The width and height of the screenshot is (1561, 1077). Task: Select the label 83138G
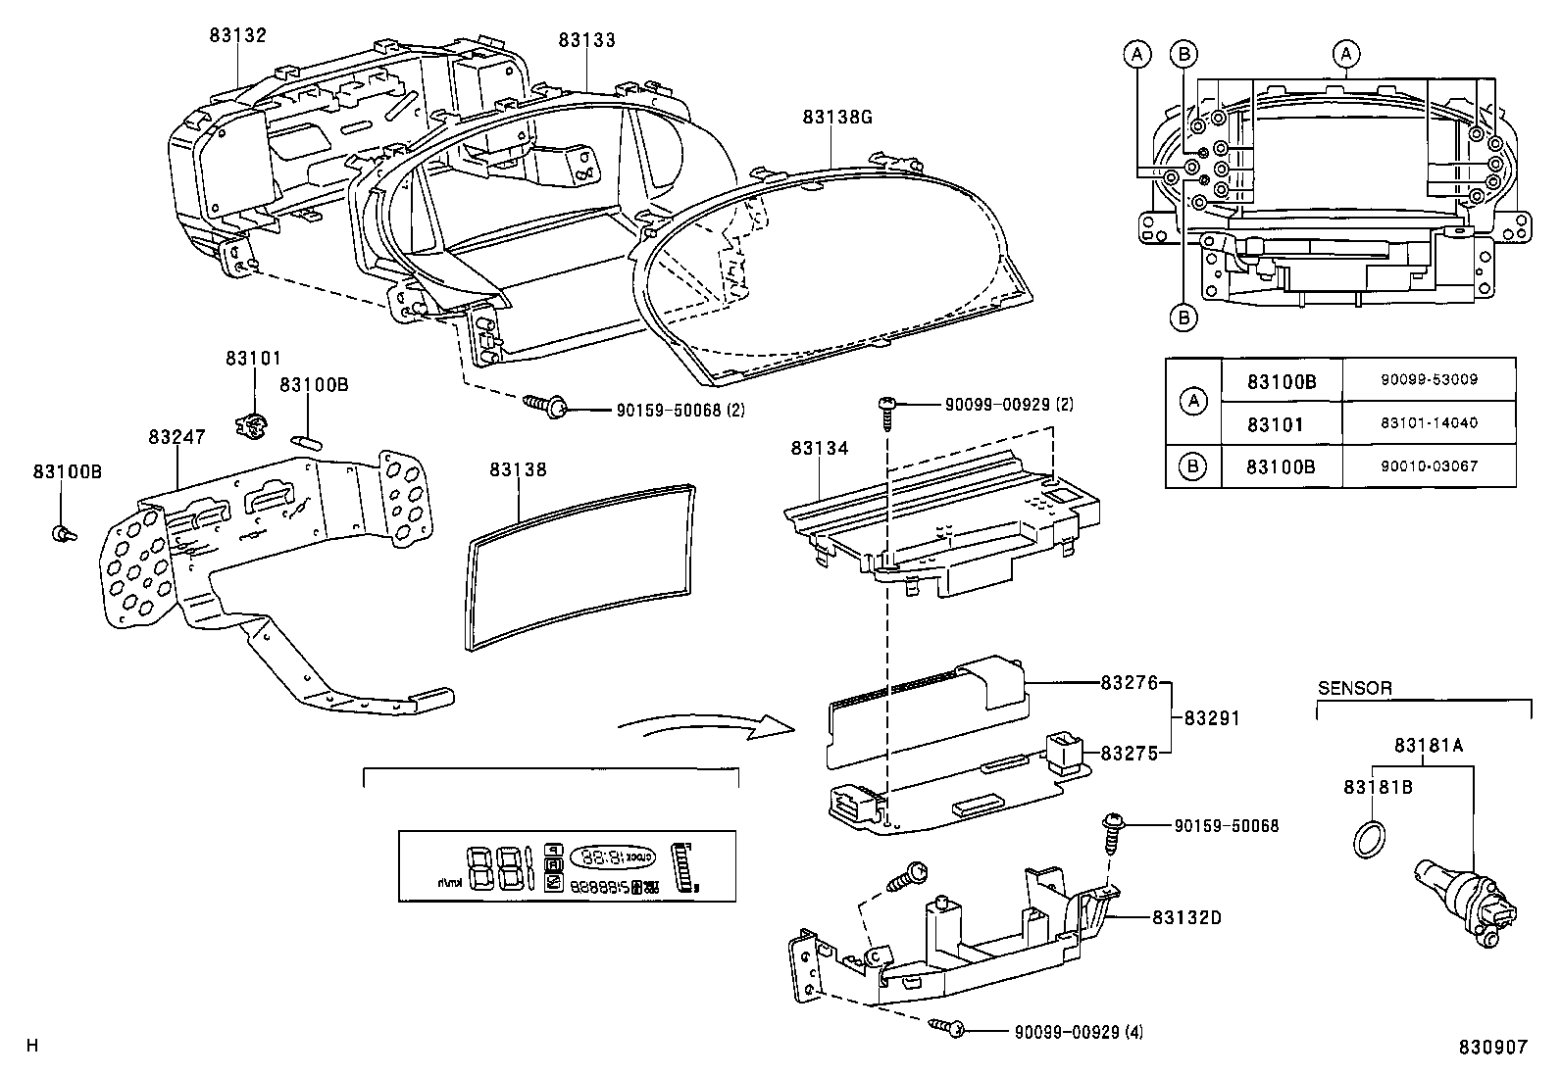coord(836,117)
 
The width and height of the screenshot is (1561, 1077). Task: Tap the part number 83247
coord(176,436)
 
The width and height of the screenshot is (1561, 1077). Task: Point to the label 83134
coord(819,448)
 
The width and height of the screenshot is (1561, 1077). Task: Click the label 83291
coord(1212,718)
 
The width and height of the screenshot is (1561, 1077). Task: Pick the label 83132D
coord(1186,917)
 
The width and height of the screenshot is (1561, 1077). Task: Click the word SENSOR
coord(1354,688)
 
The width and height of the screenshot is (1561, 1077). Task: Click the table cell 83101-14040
coord(1430,423)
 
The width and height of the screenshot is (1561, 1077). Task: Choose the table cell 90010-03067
coord(1430,466)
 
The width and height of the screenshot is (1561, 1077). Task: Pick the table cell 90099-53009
coord(1430,379)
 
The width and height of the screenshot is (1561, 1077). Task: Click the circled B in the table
coord(1192,466)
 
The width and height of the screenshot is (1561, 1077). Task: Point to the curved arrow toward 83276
coord(706,728)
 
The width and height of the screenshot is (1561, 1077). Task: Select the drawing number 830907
coord(1491,1047)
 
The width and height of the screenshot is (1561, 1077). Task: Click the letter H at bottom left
coord(32,1046)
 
